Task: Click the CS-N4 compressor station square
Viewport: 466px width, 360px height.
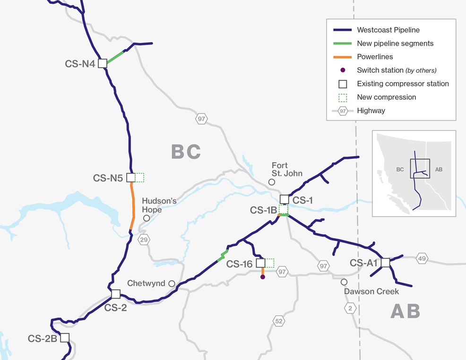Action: click(102, 63)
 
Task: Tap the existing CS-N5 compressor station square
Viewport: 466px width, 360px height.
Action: click(131, 177)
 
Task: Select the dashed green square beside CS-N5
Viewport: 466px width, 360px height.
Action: click(139, 177)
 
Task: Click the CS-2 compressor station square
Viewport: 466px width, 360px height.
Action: click(116, 294)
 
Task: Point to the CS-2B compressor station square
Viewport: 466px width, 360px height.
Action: click(65, 337)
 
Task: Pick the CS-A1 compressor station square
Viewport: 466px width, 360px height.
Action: click(386, 263)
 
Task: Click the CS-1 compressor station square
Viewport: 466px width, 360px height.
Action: click(284, 199)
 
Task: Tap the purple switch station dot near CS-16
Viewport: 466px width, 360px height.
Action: click(263, 277)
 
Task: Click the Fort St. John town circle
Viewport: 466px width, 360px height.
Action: click(272, 182)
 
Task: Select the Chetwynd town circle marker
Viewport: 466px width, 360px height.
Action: click(172, 283)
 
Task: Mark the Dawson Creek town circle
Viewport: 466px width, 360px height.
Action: click(344, 282)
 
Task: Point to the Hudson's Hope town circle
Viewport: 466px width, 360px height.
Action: click(147, 218)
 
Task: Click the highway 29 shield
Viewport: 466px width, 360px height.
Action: click(144, 240)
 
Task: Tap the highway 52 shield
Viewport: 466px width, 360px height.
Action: click(279, 321)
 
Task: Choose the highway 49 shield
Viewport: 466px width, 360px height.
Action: click(422, 258)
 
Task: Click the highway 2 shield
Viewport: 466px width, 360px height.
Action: click(350, 308)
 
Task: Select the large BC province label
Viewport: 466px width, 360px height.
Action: click(186, 152)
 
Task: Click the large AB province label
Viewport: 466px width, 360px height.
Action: click(405, 311)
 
